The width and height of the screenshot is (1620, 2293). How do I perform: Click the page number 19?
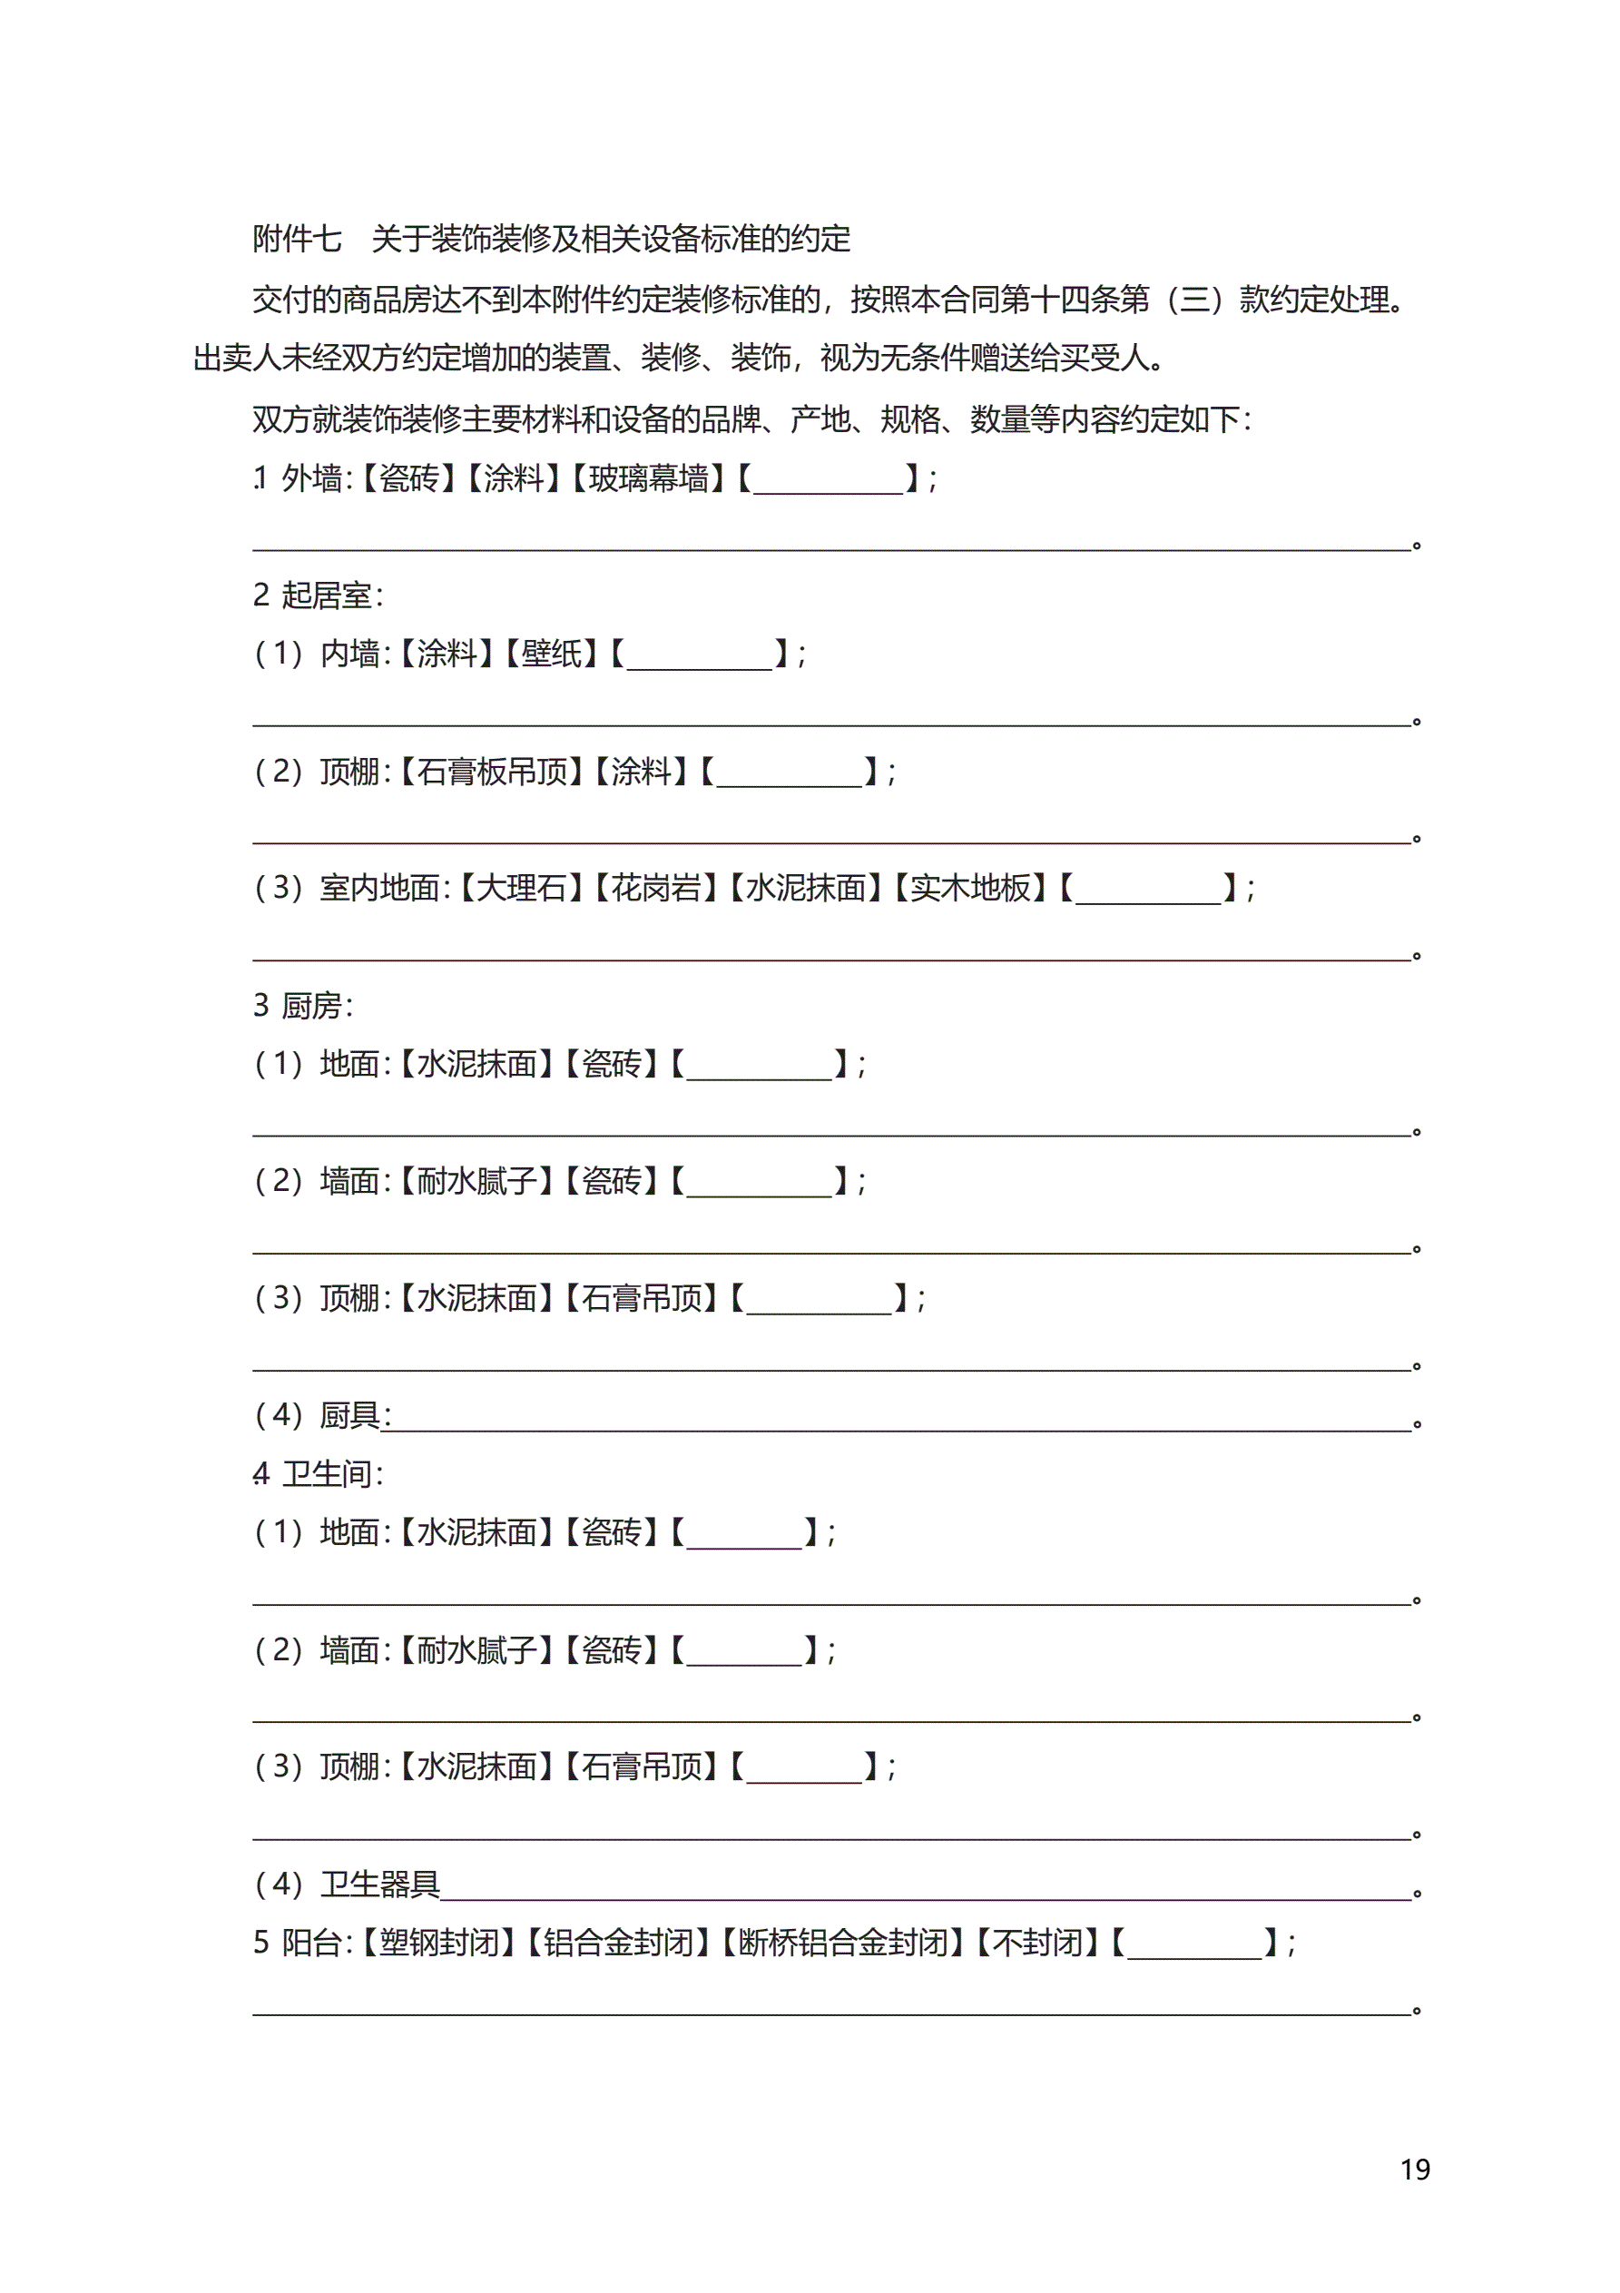(1414, 2170)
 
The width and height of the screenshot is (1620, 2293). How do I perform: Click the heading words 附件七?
(297, 239)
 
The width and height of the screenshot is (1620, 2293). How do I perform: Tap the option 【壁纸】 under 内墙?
(551, 654)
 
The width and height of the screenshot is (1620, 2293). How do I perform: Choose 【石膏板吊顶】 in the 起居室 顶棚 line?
(491, 771)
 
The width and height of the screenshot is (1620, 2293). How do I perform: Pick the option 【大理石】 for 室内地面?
(521, 888)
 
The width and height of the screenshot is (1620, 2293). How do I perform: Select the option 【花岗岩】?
(656, 888)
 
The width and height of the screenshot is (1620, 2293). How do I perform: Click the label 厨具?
(350, 1415)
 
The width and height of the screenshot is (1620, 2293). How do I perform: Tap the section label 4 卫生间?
(318, 1474)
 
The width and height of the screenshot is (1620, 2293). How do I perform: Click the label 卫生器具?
(379, 1884)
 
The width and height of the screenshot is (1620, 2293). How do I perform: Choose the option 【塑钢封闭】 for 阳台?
(439, 1943)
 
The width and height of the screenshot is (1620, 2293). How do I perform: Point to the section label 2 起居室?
(318, 595)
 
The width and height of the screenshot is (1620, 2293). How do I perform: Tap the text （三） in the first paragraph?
(1193, 299)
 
